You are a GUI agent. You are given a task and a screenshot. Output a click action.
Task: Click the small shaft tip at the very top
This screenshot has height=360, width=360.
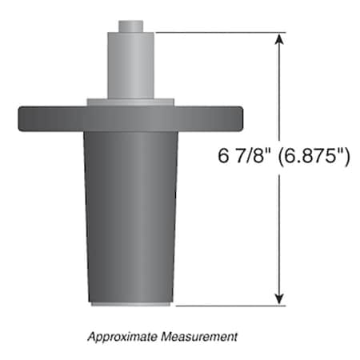pyautogui.click(x=130, y=26)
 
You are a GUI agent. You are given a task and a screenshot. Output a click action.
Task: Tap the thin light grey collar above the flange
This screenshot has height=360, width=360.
pyautogui.click(x=130, y=101)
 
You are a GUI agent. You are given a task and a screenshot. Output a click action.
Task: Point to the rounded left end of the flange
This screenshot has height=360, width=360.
pyautogui.click(x=20, y=118)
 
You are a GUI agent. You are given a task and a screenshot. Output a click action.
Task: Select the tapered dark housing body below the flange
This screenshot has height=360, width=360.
pyautogui.click(x=130, y=216)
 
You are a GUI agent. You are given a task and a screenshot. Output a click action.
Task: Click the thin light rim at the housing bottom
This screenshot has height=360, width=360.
pyautogui.click(x=130, y=304)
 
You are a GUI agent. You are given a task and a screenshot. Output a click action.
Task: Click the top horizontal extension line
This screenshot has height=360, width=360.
pyautogui.click(x=216, y=33)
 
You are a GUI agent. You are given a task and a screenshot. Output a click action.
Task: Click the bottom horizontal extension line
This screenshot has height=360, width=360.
pyautogui.click(x=224, y=305)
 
